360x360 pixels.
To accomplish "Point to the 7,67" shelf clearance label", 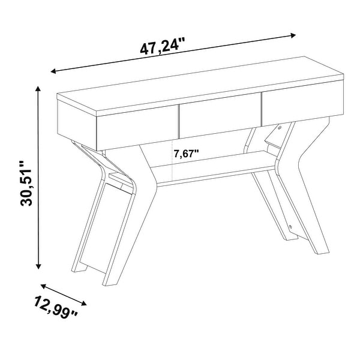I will click(187, 154).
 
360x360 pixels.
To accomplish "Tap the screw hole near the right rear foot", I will click(290, 227).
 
